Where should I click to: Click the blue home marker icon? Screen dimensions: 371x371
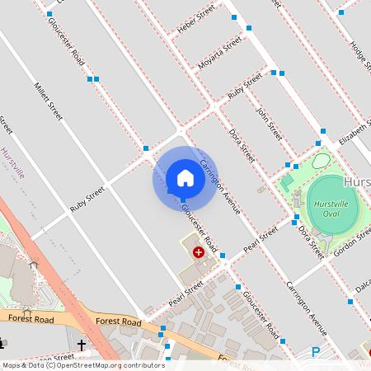pyautogui.click(x=185, y=177)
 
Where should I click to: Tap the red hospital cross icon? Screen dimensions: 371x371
pyautogui.click(x=199, y=251)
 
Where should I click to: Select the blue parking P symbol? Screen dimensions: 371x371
pyautogui.click(x=316, y=352)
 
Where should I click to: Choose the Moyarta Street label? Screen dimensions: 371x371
pyautogui.click(x=220, y=52)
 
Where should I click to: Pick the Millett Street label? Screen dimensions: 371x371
pyautogui.click(x=49, y=101)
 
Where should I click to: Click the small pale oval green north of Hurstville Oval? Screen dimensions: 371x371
pyautogui.click(x=321, y=161)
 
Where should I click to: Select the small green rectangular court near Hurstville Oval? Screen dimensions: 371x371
pyautogui.click(x=288, y=181)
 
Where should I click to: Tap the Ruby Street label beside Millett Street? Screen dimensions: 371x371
pyautogui.click(x=87, y=200)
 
